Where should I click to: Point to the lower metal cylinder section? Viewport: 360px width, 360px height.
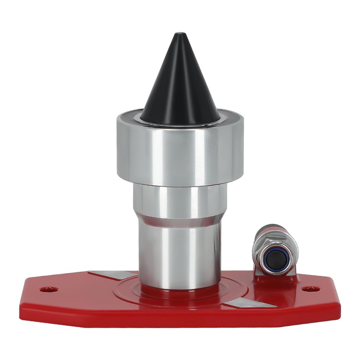[180, 252]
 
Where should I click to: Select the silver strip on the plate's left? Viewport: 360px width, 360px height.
[112, 275]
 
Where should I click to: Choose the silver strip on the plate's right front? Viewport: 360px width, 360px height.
[250, 305]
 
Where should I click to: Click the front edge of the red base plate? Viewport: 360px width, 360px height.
[180, 320]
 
